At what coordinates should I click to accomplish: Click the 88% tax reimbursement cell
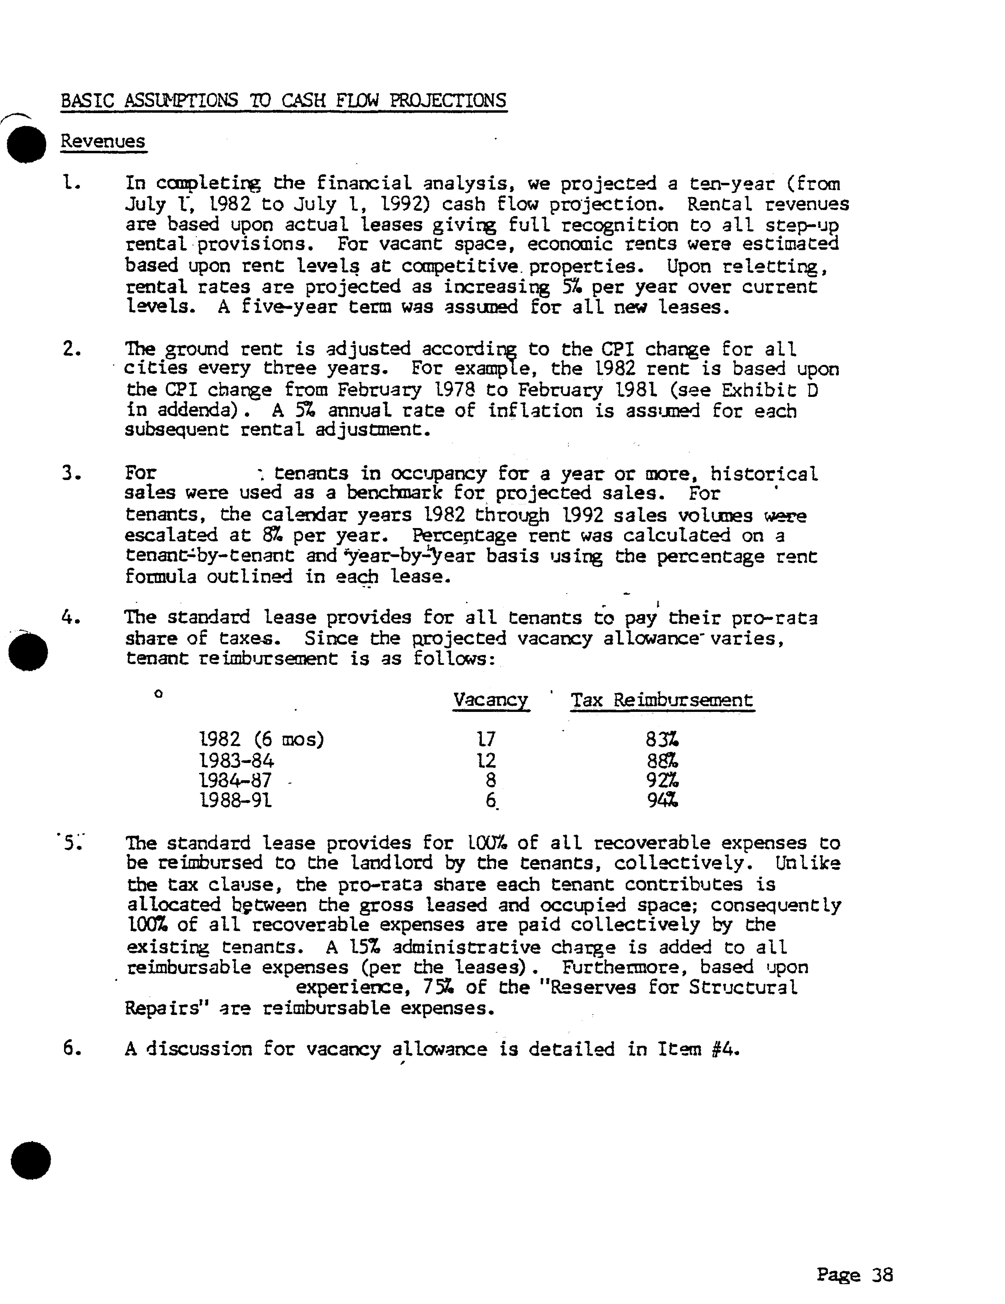(x=662, y=760)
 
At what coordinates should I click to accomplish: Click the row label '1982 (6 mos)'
(x=261, y=740)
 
